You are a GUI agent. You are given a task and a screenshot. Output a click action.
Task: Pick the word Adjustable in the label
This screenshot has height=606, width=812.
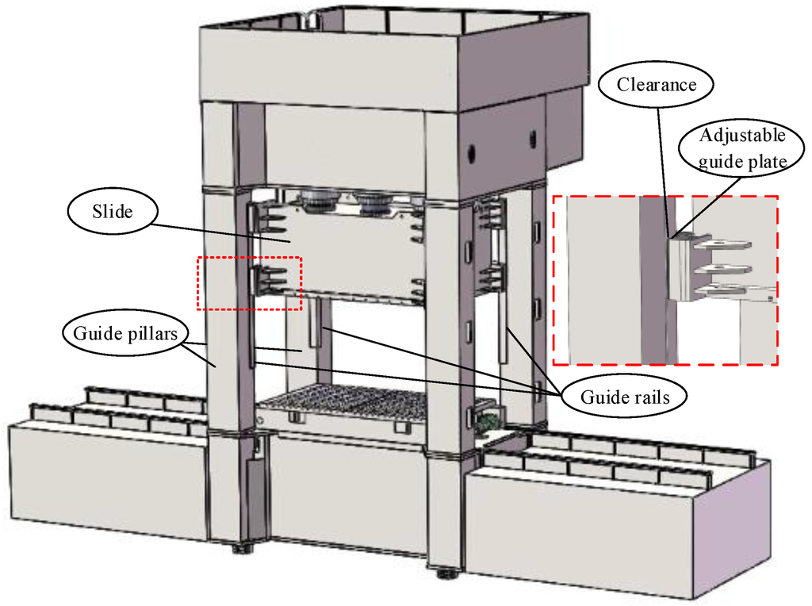click(742, 136)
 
